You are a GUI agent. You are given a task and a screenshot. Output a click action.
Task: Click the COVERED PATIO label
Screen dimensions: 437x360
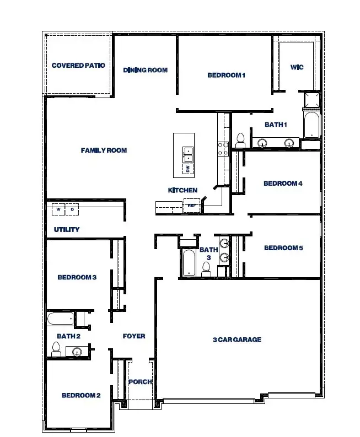(x=78, y=66)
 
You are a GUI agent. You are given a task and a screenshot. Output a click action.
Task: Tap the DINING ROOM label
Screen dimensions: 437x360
(x=145, y=70)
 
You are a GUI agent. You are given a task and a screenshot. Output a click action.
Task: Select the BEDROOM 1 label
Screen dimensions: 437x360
(x=226, y=75)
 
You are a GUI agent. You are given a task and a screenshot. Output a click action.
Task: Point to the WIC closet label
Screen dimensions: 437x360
(x=297, y=67)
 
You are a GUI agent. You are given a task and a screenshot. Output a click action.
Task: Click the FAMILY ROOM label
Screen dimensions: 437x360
(x=104, y=150)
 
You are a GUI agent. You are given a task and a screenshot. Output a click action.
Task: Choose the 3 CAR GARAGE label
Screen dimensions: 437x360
(x=237, y=340)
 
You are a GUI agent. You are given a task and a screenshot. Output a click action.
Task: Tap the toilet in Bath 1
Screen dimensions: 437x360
(x=240, y=140)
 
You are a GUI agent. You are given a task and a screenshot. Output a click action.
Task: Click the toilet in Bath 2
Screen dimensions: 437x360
(x=56, y=348)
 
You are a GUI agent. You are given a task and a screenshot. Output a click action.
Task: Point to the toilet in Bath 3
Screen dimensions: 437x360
(x=207, y=269)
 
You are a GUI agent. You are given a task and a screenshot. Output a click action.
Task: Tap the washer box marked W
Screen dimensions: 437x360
(x=58, y=210)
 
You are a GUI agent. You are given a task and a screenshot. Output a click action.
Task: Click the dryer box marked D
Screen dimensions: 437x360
(x=72, y=210)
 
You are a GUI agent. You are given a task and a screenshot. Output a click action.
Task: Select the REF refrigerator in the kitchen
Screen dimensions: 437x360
(x=192, y=206)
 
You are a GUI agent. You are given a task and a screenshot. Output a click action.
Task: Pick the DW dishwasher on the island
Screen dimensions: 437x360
(x=187, y=169)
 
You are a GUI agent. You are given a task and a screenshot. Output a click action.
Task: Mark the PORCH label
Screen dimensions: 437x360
(x=140, y=382)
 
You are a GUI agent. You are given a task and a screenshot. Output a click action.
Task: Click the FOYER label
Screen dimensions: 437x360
(x=134, y=336)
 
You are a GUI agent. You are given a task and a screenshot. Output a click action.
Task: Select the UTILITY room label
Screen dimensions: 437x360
(x=67, y=229)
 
